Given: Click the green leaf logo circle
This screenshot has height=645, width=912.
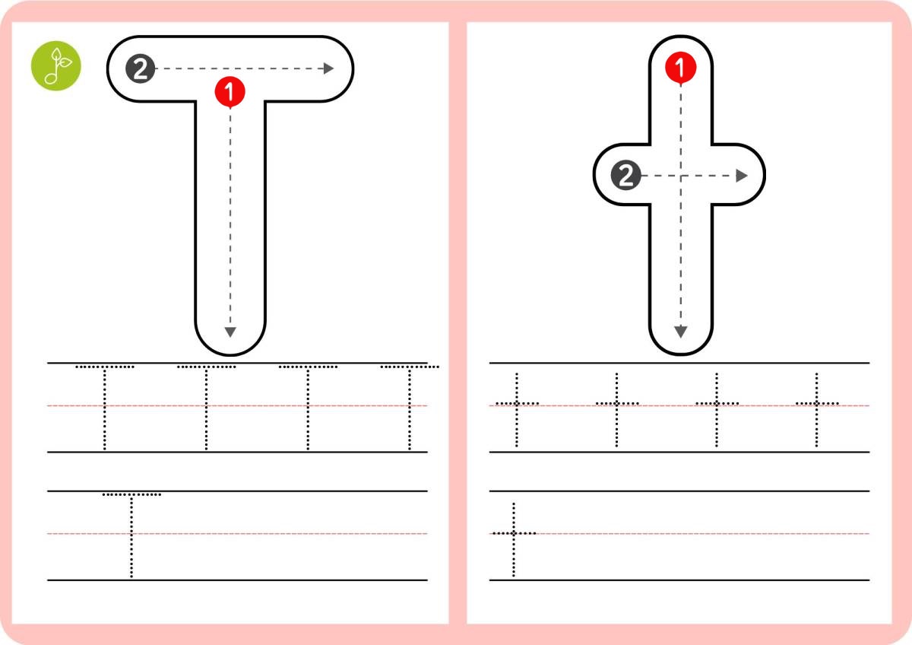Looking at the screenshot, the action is [x=56, y=65].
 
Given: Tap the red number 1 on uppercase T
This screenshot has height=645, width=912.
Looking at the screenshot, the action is [x=230, y=92].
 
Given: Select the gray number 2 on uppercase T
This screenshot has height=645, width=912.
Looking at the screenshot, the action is [x=141, y=68].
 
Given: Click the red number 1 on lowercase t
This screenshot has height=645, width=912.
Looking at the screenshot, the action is [x=680, y=68].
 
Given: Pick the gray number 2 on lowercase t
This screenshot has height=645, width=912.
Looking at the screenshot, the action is [x=625, y=175].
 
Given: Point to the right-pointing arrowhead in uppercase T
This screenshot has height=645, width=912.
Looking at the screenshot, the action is [x=328, y=68].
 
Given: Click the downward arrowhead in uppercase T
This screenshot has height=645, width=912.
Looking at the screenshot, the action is [x=230, y=332].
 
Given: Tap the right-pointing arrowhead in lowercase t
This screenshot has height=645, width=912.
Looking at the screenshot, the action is [x=742, y=176].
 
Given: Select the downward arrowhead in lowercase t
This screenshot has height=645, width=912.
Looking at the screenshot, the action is [x=681, y=332].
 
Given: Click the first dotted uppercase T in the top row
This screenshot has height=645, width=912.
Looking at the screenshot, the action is [x=105, y=408].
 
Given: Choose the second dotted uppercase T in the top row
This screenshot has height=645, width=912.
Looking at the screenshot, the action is [x=207, y=408].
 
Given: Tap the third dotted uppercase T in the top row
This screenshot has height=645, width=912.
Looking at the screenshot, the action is [x=308, y=408].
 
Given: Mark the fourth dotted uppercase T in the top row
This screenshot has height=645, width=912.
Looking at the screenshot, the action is [x=410, y=408].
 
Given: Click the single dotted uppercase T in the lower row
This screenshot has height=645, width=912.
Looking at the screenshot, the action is [x=131, y=535].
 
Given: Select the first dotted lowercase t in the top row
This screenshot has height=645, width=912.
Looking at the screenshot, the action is [x=517, y=409].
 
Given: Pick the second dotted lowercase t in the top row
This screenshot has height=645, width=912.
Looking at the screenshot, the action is [x=616, y=409].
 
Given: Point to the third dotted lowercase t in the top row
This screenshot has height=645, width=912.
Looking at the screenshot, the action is [x=717, y=409].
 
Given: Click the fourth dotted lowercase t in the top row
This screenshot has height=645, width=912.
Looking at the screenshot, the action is [x=816, y=409].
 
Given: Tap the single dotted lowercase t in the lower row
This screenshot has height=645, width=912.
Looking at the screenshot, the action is [x=514, y=539].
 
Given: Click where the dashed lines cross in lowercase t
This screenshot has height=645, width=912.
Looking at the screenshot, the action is [x=681, y=176].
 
